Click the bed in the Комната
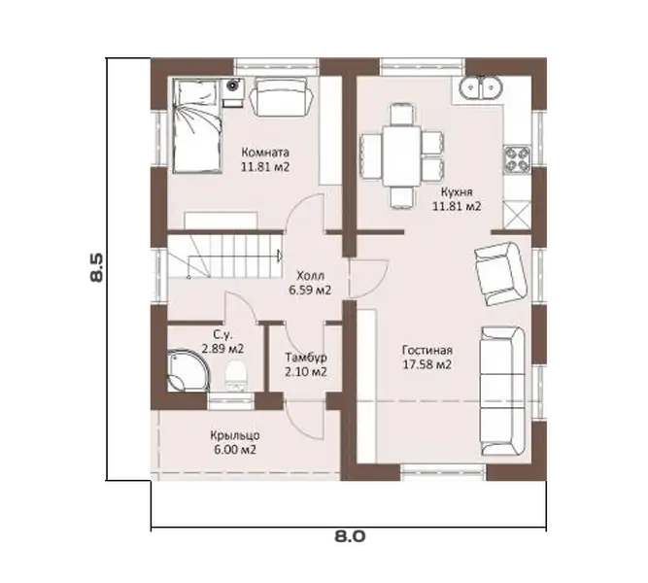[196, 126]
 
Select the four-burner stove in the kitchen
[517, 158]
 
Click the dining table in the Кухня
[401, 156]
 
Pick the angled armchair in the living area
[500, 274]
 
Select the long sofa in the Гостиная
[502, 391]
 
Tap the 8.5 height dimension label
[97, 267]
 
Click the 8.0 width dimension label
[350, 536]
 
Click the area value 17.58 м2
[426, 365]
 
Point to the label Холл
[310, 275]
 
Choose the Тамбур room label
[306, 357]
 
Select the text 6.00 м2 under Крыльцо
[235, 450]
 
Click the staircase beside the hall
[224, 257]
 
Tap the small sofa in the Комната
[282, 97]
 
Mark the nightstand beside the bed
[233, 93]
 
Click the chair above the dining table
[401, 115]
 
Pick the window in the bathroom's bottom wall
[230, 400]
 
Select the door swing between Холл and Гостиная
[368, 278]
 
